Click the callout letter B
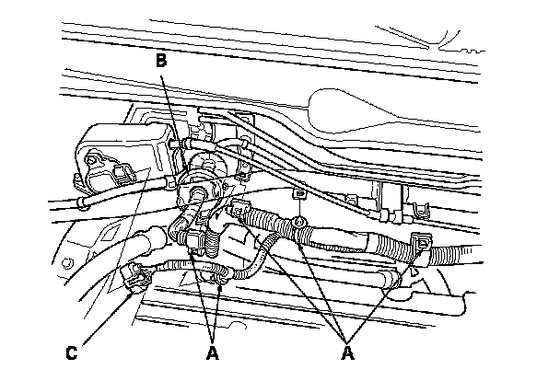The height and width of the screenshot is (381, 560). (x=160, y=62)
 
